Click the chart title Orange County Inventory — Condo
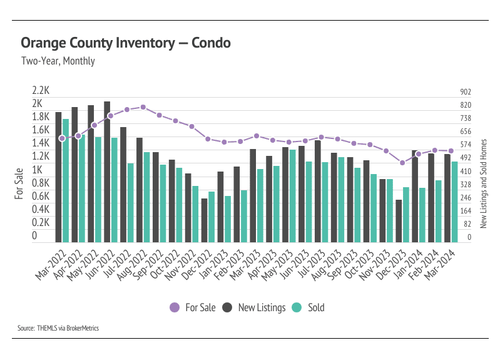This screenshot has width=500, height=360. pyautogui.click(x=126, y=43)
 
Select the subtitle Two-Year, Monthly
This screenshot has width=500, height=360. pyautogui.click(x=58, y=61)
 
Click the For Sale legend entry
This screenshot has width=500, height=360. pyautogui.click(x=193, y=307)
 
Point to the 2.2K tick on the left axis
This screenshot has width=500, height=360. pyautogui.click(x=41, y=90)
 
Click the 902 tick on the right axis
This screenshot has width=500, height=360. pyautogui.click(x=465, y=91)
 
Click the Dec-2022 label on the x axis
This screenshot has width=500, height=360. pyautogui.click(x=197, y=263)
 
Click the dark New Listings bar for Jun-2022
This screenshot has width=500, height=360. pyautogui.click(x=107, y=172)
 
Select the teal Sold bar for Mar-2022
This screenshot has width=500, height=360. pyautogui.click(x=66, y=180)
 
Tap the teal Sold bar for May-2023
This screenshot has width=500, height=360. pyautogui.click(x=292, y=195)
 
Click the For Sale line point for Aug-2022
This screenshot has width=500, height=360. pyautogui.click(x=143, y=107)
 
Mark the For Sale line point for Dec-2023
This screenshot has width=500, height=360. pyautogui.click(x=402, y=163)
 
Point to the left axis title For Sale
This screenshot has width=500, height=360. pyautogui.click(x=19, y=183)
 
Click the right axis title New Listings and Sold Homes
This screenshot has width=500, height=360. pyautogui.click(x=483, y=183)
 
